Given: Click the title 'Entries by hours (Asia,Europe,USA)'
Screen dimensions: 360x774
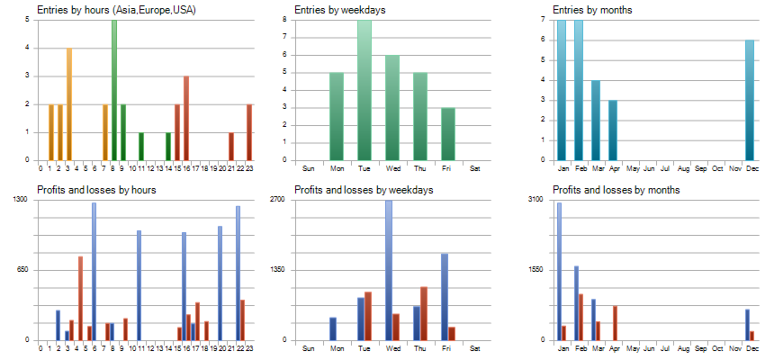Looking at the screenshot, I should pos(117,10).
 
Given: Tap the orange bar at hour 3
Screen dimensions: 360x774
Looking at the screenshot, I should pos(68,103).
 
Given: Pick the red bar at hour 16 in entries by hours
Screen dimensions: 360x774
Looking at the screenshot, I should pos(185,118).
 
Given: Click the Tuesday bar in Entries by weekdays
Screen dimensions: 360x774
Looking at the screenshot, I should pos(364,90).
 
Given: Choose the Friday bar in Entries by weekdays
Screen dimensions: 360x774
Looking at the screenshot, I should pos(447,134).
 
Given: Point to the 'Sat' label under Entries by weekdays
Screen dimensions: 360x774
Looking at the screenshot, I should pos(475,168).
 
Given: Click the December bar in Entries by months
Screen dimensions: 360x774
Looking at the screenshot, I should pos(749,100).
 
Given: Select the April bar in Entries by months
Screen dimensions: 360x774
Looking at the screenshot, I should pos(613,130).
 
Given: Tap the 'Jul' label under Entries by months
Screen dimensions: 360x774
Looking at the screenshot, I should pos(664,168).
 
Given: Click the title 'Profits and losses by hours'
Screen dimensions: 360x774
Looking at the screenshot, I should pos(96,190).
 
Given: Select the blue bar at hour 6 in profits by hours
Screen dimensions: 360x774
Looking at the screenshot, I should pos(94,271).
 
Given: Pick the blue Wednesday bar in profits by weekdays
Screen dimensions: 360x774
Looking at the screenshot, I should pos(388,270).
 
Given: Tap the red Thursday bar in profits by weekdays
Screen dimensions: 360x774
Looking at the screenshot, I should pos(424,313).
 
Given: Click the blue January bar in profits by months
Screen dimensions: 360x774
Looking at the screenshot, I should pos(558,271).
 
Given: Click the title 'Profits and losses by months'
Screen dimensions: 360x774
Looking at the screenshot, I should pos(616,190).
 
